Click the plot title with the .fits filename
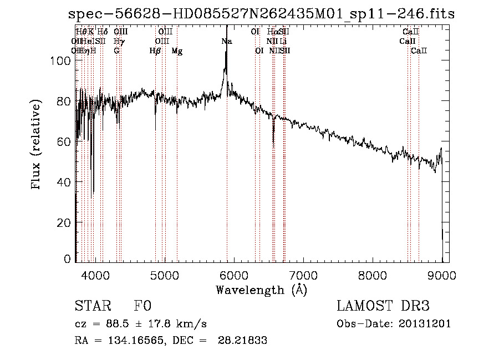click(261, 14)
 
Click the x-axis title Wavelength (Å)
click(261, 290)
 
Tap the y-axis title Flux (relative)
click(37, 145)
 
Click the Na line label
click(227, 42)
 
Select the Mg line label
click(177, 51)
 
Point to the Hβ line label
click(155, 51)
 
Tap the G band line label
click(116, 51)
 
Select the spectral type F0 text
click(142, 307)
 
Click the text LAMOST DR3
click(383, 307)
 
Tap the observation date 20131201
click(425, 324)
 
